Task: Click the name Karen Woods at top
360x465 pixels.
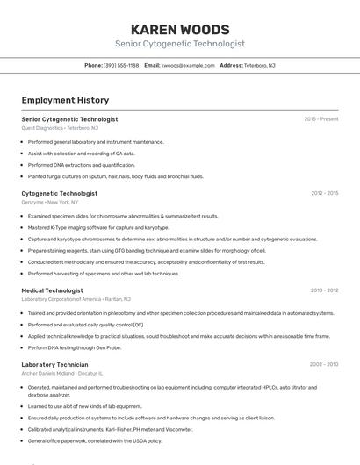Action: [x=180, y=29]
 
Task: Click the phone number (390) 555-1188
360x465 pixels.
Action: [x=121, y=65]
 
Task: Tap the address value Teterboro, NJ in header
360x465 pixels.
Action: [x=259, y=65]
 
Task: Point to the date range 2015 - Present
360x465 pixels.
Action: [x=321, y=118]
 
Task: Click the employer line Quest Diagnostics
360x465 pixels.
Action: [x=60, y=128]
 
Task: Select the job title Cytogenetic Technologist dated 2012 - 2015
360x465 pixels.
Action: [x=59, y=193]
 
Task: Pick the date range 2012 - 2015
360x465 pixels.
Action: [x=324, y=193]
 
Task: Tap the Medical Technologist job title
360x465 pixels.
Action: [x=52, y=290]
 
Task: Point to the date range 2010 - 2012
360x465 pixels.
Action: [x=324, y=290]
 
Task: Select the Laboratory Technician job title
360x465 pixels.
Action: [x=54, y=363]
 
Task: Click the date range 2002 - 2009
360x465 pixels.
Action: [x=324, y=363]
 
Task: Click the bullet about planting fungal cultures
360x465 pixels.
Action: [x=115, y=176]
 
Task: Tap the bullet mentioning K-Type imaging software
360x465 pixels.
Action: [x=98, y=227]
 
